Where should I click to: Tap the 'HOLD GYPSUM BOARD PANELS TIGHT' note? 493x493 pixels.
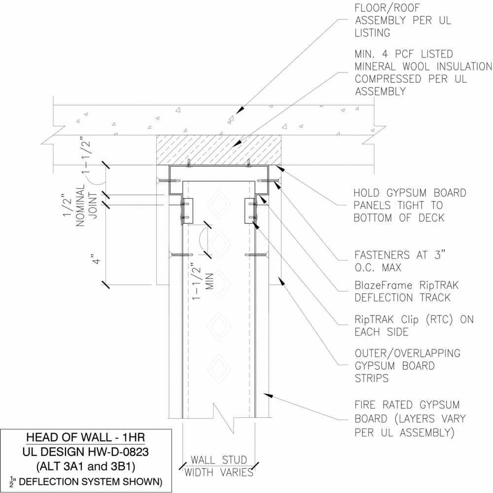point(410,205)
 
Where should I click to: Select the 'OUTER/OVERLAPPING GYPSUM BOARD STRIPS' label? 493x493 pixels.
point(407,366)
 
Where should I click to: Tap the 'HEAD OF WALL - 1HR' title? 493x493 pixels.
point(85,437)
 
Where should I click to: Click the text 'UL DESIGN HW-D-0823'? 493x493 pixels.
point(85,451)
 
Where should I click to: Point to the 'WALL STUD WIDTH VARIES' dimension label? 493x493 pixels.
point(219,466)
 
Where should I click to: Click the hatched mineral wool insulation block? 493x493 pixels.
point(219,148)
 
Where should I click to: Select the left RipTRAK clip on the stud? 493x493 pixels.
point(188,211)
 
